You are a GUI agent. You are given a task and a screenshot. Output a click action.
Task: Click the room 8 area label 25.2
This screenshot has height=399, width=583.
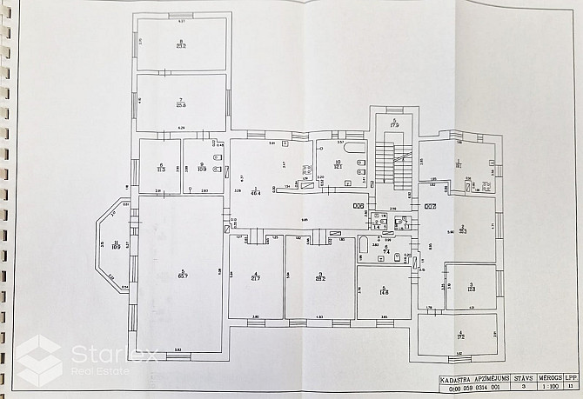click(x=181, y=46)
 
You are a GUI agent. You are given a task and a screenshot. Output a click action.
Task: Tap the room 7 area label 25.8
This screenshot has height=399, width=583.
click(x=181, y=105)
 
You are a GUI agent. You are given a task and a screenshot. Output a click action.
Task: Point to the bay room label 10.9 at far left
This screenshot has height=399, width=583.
click(x=115, y=246)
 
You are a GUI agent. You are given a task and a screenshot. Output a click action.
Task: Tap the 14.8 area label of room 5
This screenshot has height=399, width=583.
click(x=383, y=293)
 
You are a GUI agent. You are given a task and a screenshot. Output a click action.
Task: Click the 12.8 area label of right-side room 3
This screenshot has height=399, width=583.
click(x=470, y=287)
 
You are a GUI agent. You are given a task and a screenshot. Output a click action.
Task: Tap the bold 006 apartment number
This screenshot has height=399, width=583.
click(x=359, y=206)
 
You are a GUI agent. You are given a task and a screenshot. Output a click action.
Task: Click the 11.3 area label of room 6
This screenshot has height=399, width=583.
click(x=160, y=170)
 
